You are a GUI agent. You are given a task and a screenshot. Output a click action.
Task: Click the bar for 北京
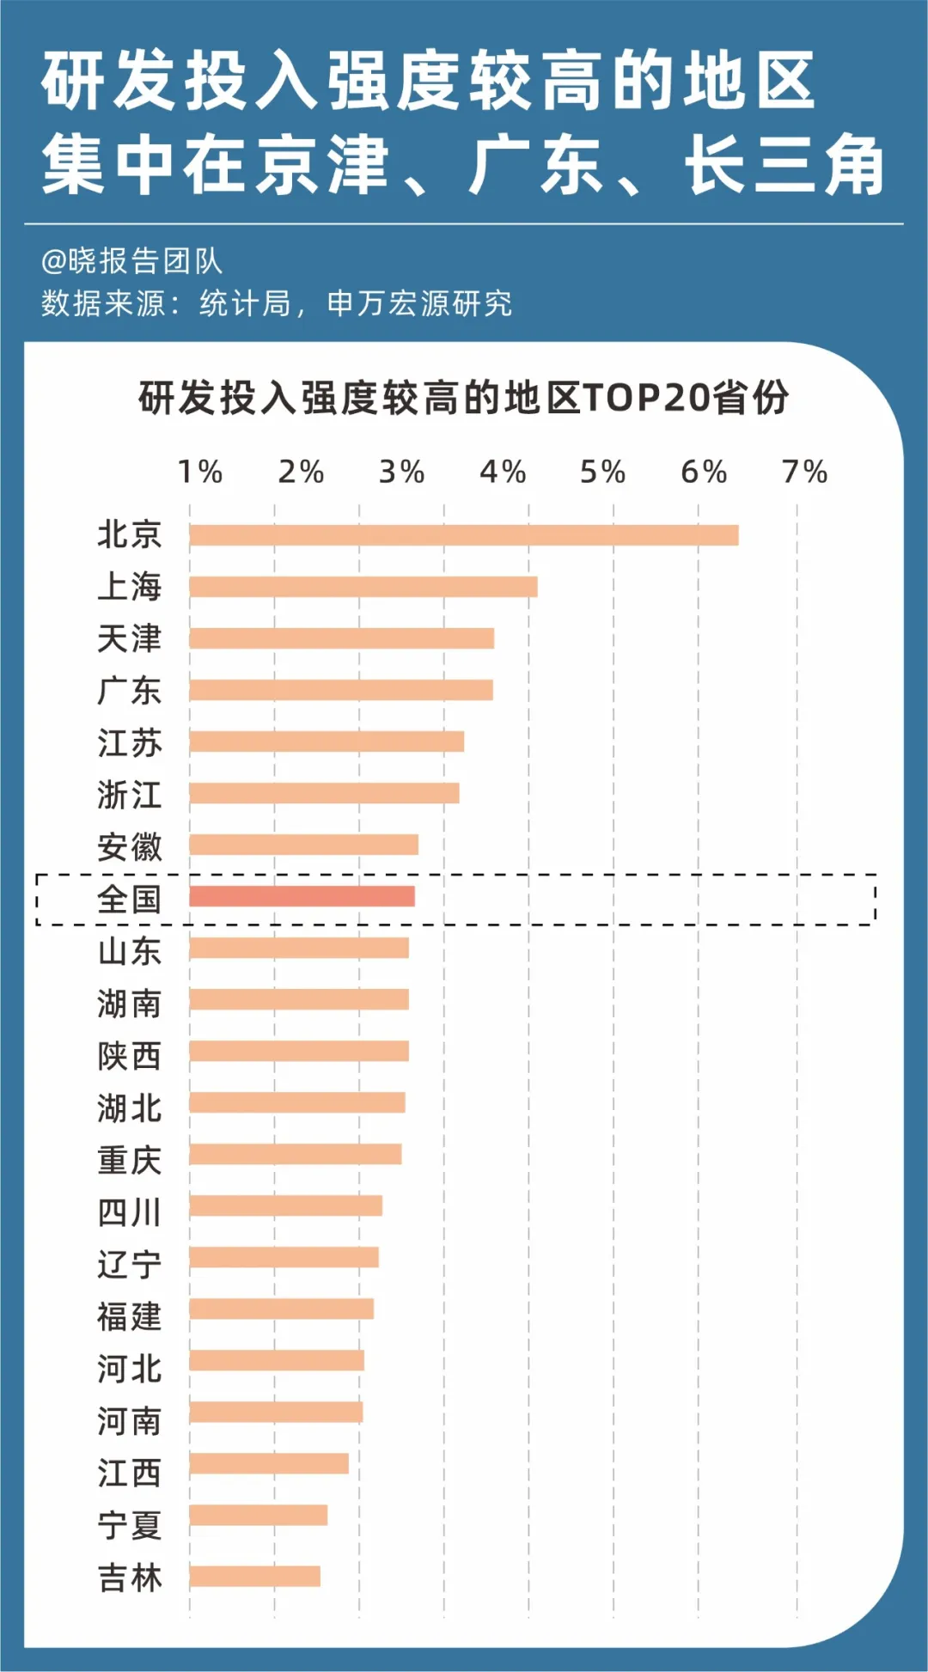coord(464,535)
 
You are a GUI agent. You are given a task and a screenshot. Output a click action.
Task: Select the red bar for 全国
coord(302,896)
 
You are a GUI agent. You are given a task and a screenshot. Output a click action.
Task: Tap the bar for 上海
coord(363,587)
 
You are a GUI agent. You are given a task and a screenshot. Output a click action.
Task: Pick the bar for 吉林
coord(255,1576)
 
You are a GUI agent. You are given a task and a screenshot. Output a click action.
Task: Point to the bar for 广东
coord(341,690)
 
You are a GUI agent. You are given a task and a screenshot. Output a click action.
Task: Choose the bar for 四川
coord(286,1205)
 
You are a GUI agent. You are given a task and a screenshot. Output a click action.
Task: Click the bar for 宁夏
coord(259,1515)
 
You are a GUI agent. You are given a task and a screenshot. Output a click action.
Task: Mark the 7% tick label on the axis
coord(804,472)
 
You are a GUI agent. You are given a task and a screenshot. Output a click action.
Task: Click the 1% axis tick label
coord(200,472)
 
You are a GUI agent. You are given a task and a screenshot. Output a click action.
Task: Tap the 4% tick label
coord(503,472)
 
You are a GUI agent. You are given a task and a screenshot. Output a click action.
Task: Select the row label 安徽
coord(129,847)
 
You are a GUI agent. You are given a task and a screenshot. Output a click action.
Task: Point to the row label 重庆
coord(129,1160)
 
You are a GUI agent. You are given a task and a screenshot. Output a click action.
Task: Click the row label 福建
coord(129,1316)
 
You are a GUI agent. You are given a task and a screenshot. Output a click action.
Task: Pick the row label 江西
coord(129,1473)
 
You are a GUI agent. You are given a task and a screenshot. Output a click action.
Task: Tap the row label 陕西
coord(129,1056)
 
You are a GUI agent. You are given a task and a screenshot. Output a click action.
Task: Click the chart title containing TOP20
coord(464,398)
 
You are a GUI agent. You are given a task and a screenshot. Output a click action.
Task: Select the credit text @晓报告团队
coord(131,261)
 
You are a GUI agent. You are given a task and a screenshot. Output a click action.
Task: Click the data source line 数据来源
coord(277,303)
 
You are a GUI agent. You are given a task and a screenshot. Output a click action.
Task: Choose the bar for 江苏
coord(327,741)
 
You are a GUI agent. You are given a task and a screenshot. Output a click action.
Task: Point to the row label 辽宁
coord(129,1264)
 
